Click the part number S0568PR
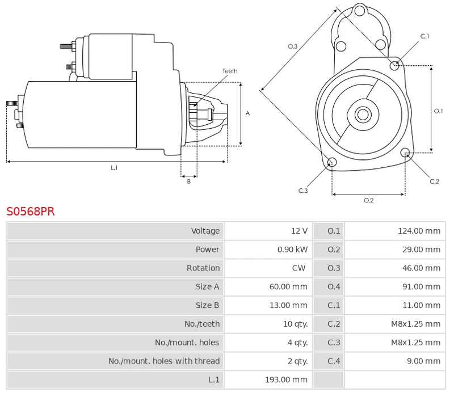(x=31, y=212)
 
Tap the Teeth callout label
(x=230, y=71)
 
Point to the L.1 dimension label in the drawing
(x=114, y=168)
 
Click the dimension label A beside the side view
(x=247, y=113)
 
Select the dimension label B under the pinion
(x=189, y=181)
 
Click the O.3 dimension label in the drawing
(x=293, y=46)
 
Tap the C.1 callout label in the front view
(x=424, y=36)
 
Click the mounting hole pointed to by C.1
(x=395, y=66)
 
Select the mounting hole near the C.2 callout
(x=405, y=153)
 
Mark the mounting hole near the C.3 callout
(x=333, y=163)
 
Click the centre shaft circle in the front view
(x=362, y=115)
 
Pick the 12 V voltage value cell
(x=299, y=231)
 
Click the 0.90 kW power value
(x=292, y=250)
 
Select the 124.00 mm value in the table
(x=419, y=231)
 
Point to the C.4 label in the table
(x=334, y=361)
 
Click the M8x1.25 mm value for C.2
(x=415, y=324)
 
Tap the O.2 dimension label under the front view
(x=368, y=200)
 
